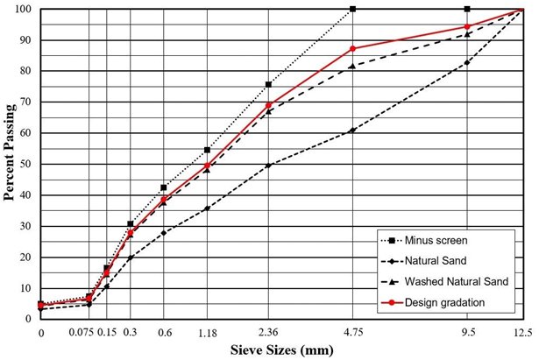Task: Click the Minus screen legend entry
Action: [x=438, y=239]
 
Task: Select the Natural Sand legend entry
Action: [x=436, y=259]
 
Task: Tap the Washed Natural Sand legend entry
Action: [x=452, y=280]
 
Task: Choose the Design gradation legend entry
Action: [x=444, y=301]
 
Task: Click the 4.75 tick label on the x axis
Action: [x=352, y=333]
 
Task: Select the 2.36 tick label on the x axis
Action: [x=268, y=333]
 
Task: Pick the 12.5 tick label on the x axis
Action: [x=524, y=333]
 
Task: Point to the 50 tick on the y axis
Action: [x=26, y=164]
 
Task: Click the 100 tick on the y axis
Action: [x=24, y=9]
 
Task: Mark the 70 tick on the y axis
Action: [x=26, y=102]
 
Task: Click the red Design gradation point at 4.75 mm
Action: [x=352, y=48]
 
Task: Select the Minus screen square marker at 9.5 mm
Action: [x=467, y=9]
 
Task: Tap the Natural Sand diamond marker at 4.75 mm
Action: [x=352, y=131]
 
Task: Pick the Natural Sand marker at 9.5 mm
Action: [x=467, y=63]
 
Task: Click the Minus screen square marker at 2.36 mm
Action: [x=268, y=84]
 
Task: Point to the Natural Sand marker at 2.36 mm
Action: [x=268, y=165]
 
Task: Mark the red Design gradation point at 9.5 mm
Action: [x=467, y=26]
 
